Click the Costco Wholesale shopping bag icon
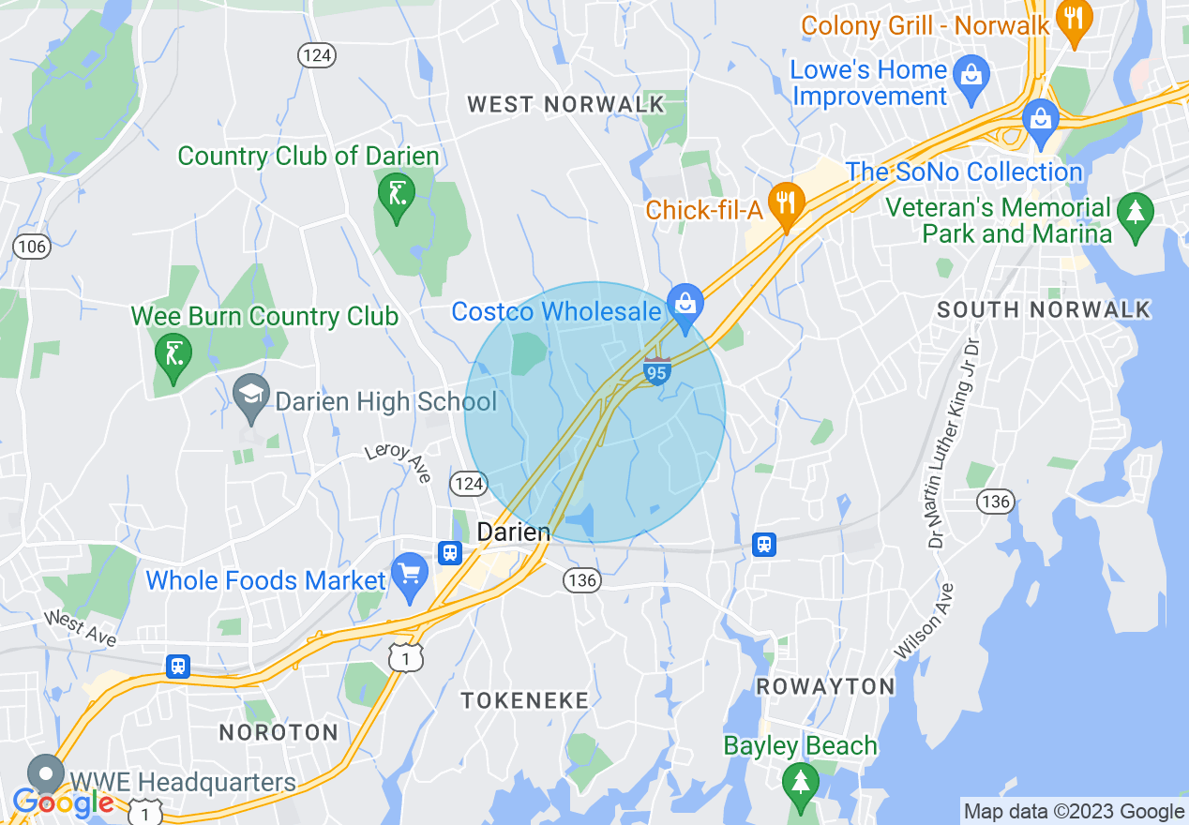pos(686,304)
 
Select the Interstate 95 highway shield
pos(656,371)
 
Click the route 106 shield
pos(31,247)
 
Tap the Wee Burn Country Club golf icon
pos(173,354)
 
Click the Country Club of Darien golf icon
pos(396,194)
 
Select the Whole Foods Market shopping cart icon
pos(409,573)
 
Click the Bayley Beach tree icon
pos(800,781)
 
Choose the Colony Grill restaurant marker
pos(1074,19)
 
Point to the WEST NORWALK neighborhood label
pos(566,104)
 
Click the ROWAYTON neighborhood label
pos(825,686)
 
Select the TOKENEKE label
pos(524,700)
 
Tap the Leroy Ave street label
pos(399,461)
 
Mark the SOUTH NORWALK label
pos(1043,309)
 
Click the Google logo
pos(63,802)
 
